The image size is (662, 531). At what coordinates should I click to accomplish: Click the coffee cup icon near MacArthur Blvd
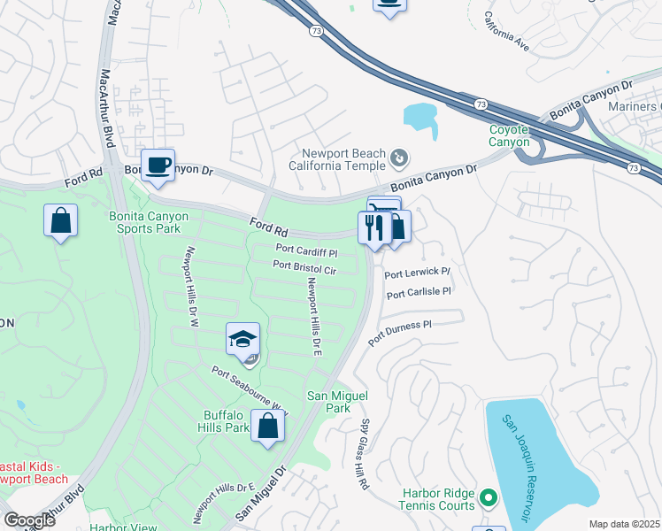pyautogui.click(x=158, y=165)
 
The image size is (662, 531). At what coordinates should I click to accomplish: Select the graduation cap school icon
pyautogui.click(x=242, y=340)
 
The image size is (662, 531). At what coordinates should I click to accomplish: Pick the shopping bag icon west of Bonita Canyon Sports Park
pyautogui.click(x=60, y=221)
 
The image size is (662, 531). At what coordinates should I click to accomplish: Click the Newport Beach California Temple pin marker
pyautogui.click(x=399, y=158)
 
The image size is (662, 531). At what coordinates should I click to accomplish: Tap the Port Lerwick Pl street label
pyautogui.click(x=418, y=273)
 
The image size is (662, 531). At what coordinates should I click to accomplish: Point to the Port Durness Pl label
pyautogui.click(x=399, y=331)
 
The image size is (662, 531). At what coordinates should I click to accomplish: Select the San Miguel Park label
pyautogui.click(x=328, y=402)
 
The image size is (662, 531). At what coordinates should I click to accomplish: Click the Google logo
pyautogui.click(x=29, y=520)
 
